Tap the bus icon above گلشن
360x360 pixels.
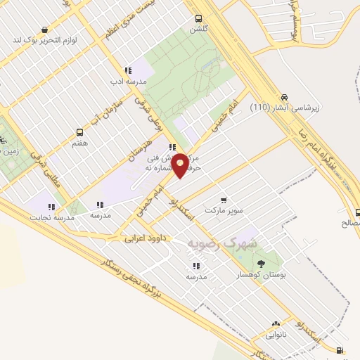coord(199,19)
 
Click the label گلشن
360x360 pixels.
coord(199,30)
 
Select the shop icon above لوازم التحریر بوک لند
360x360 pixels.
coord(45,30)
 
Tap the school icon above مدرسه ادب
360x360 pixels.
coord(127,70)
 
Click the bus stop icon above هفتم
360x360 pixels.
coord(79,131)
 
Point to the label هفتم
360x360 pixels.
coord(79,143)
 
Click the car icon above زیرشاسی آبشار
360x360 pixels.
coord(284,97)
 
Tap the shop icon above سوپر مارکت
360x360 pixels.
coord(224,200)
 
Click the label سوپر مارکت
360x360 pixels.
coord(223,211)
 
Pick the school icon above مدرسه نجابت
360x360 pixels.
coord(51,207)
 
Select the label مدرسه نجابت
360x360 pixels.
coord(51,218)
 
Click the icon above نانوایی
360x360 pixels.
coord(276,325)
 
